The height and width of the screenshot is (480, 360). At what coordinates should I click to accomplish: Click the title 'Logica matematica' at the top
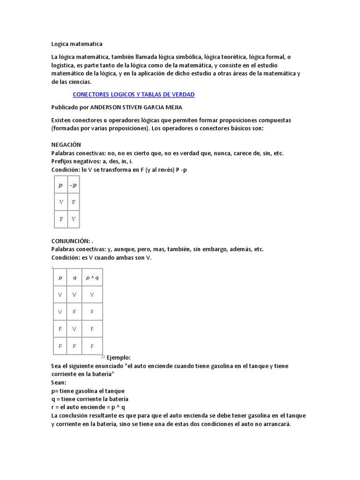76,44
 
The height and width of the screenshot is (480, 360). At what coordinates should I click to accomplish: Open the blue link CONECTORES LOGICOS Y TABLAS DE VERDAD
134,95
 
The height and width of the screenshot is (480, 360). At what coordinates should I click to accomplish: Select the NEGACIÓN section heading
66,145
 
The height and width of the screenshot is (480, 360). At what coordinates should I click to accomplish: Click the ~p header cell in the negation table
74,185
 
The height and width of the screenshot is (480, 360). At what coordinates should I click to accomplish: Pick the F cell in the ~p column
74,202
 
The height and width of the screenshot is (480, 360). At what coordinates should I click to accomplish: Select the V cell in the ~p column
74,219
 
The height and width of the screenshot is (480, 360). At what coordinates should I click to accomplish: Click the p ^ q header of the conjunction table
92,277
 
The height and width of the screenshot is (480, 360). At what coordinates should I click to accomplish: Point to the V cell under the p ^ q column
92,295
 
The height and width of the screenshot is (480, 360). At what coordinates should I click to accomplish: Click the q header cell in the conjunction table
74,277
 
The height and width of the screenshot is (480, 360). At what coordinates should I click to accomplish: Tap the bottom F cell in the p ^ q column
92,346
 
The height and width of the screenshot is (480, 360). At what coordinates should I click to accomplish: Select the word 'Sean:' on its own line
59,382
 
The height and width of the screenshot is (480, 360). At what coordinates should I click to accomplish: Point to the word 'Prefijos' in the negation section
63,161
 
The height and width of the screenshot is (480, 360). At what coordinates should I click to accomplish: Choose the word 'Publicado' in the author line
65,107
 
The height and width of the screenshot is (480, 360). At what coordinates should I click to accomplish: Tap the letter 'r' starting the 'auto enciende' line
52,407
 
